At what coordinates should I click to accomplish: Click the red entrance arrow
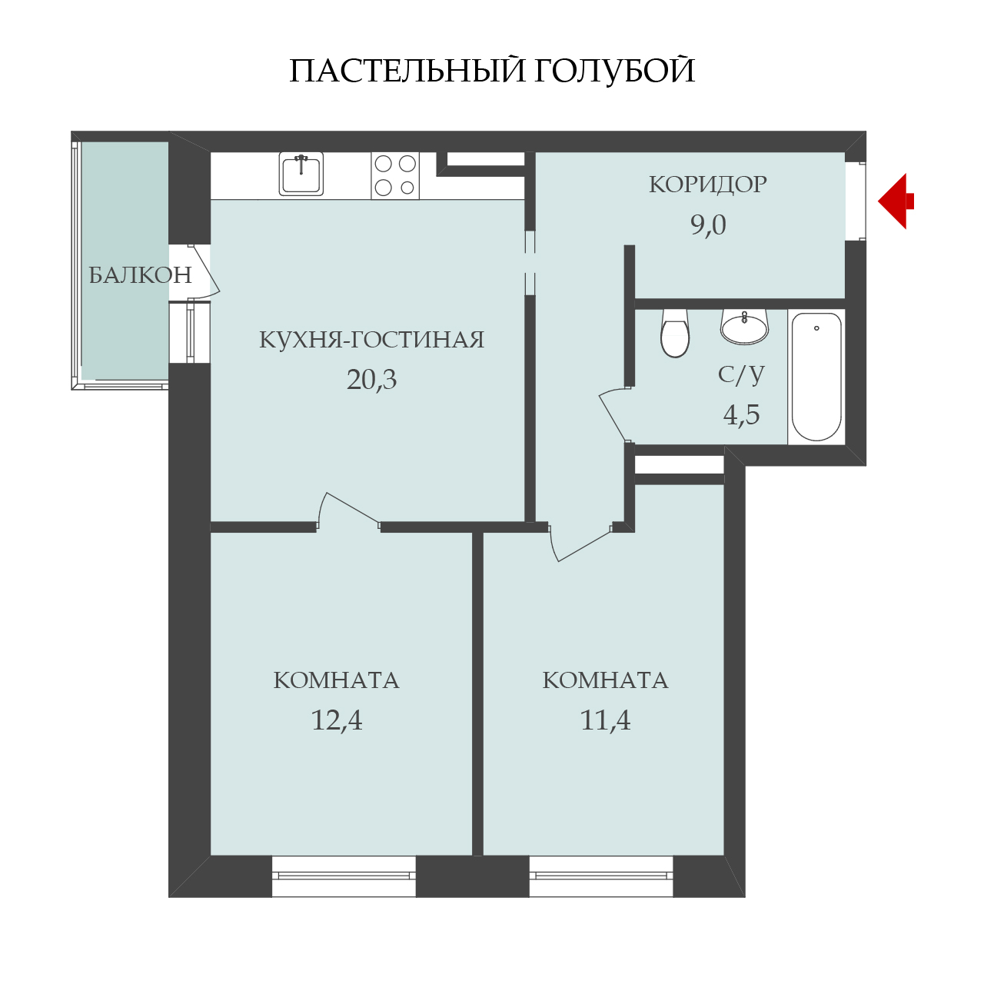click(x=895, y=201)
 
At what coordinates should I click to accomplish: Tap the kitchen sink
click(x=301, y=174)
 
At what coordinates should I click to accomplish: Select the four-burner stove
click(x=395, y=176)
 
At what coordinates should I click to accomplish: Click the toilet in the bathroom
click(x=674, y=332)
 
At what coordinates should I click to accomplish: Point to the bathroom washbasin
click(x=744, y=326)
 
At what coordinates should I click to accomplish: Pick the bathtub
click(x=816, y=377)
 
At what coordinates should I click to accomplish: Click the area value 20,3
click(x=371, y=380)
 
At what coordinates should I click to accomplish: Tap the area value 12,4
click(x=337, y=720)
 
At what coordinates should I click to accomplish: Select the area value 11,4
click(x=605, y=720)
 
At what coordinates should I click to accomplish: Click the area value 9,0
click(x=708, y=224)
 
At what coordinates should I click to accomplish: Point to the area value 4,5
click(x=741, y=414)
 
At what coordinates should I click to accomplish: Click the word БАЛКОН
click(x=141, y=276)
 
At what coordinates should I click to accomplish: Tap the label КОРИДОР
click(x=708, y=184)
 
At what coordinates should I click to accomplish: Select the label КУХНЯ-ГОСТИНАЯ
click(x=372, y=340)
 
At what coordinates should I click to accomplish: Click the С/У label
click(x=741, y=374)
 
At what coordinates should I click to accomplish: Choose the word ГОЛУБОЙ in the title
click(x=614, y=71)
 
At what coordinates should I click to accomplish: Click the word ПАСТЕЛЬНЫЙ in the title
click(x=407, y=71)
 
